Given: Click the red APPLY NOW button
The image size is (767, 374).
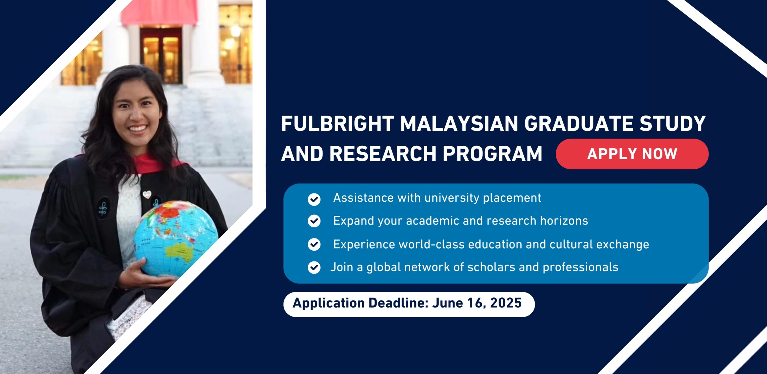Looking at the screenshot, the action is [x=632, y=154].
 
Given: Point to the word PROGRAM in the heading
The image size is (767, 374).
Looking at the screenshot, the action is [x=493, y=154].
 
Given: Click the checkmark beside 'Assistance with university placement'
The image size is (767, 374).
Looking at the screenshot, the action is [x=314, y=199].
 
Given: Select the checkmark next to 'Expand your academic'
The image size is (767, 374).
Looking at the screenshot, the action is [x=314, y=221].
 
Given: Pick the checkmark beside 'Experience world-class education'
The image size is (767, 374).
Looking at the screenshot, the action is [x=314, y=244].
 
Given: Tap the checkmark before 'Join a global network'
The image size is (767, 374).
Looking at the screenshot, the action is [x=314, y=267].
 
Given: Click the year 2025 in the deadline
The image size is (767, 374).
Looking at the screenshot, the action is [x=506, y=303].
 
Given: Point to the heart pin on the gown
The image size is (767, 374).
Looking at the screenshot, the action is [x=147, y=194].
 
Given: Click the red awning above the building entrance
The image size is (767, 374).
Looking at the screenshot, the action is [x=159, y=13].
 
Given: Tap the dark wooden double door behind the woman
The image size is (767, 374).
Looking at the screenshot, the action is [x=161, y=56].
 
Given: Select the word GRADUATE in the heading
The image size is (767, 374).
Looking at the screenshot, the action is [x=579, y=124].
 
